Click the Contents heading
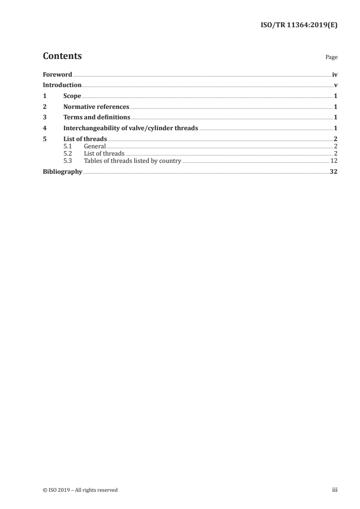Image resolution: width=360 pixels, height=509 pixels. pyautogui.click(x=62, y=56)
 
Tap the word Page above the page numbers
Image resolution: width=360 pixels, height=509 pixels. pyautogui.click(x=331, y=58)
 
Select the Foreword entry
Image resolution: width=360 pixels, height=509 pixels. pyautogui.click(x=57, y=74)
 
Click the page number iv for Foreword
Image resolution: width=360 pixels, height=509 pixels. pyautogui.click(x=335, y=74)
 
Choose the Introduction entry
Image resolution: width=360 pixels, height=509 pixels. pyautogui.click(x=62, y=85)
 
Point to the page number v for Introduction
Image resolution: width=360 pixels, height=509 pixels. pyautogui.click(x=335, y=85)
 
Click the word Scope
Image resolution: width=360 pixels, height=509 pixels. pyautogui.click(x=72, y=96)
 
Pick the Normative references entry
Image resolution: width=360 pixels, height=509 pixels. pyautogui.click(x=96, y=107)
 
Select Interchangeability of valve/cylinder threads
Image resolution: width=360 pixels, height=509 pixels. pyautogui.click(x=131, y=128)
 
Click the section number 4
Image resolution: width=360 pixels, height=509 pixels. pyautogui.click(x=44, y=128)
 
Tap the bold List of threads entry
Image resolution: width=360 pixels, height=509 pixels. pyautogui.click(x=85, y=139)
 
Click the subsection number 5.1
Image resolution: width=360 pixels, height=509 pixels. pyautogui.click(x=68, y=146)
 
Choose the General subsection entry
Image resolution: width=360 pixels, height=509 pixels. pyautogui.click(x=95, y=146)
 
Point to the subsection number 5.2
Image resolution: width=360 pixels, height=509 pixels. pyautogui.click(x=68, y=153)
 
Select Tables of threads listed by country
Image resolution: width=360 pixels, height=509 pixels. pyautogui.click(x=133, y=161)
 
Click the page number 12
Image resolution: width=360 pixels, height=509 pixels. pyautogui.click(x=334, y=161)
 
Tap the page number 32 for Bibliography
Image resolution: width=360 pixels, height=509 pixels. pyautogui.click(x=333, y=172)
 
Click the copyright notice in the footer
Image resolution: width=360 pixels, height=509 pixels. pyautogui.click(x=80, y=490)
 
